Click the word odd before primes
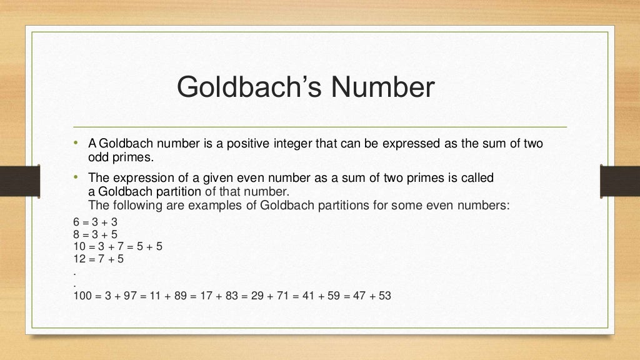98,156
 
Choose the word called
477,177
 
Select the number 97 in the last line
129,296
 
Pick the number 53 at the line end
384,296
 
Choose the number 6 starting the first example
76,222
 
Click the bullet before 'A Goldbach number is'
75,143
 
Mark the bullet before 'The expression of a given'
75,177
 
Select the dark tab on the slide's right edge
620,181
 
